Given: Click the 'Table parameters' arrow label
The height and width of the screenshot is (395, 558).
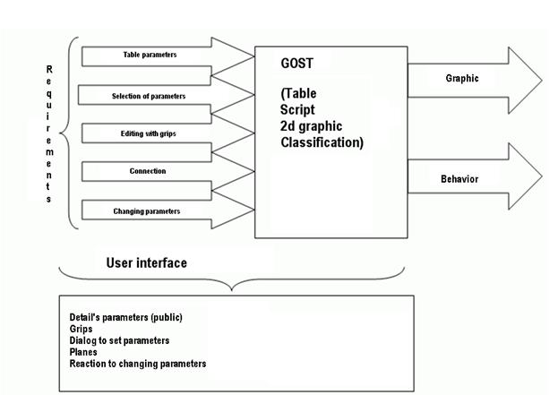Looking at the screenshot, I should [x=150, y=55].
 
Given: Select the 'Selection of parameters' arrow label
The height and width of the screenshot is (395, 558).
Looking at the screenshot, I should [x=149, y=96].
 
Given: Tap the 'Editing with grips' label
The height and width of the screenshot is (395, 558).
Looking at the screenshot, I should [x=148, y=133].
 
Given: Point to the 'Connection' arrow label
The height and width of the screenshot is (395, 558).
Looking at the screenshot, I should [x=148, y=171].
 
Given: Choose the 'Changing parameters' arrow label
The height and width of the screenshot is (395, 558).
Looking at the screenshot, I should [x=147, y=210].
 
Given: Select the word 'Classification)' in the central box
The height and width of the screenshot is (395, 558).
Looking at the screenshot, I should [x=322, y=142].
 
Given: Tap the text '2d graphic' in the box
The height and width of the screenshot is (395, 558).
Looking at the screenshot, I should [x=312, y=126].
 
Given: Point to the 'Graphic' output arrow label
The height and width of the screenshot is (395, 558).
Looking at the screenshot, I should [x=462, y=78].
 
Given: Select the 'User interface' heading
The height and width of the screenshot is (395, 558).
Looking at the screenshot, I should [x=146, y=263].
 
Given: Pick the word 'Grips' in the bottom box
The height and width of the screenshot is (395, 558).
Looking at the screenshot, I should [x=81, y=330].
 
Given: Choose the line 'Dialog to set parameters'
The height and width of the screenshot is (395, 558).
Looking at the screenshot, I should [x=119, y=341].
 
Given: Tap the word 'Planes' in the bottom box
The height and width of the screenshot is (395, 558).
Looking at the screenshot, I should [x=83, y=353].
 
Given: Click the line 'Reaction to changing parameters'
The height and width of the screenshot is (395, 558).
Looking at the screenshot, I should [x=137, y=364].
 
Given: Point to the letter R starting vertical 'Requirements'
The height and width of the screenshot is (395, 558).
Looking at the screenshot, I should [x=49, y=69].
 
